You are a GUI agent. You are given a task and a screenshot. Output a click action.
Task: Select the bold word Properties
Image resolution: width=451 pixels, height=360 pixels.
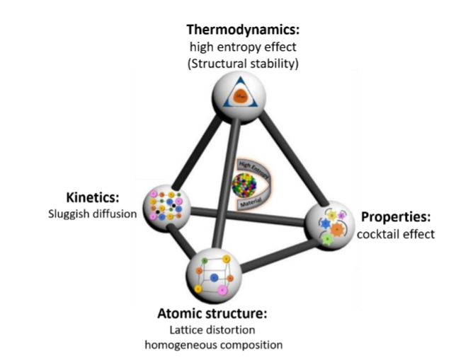pyautogui.click(x=392, y=218)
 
